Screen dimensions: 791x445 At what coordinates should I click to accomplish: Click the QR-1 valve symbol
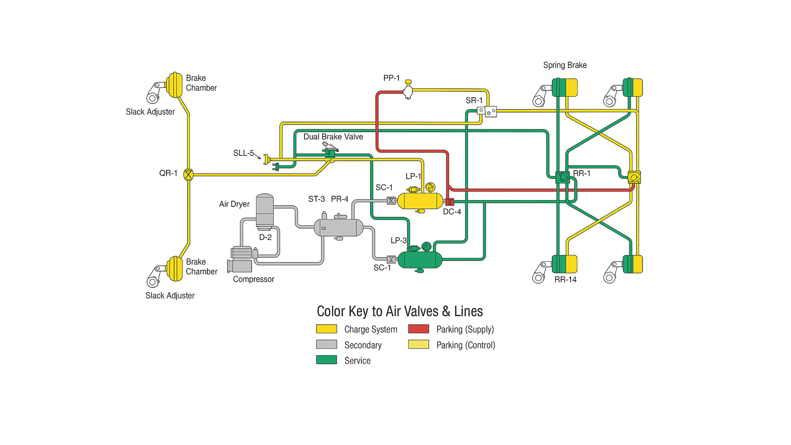[x=188, y=175]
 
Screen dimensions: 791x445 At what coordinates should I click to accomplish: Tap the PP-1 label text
[x=391, y=78]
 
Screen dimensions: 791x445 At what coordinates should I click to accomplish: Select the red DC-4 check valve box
[x=449, y=202]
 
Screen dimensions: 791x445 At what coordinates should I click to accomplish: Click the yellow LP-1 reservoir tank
[x=420, y=201]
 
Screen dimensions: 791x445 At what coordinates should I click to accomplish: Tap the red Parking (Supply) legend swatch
[x=419, y=329]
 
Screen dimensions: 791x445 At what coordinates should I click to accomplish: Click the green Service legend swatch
[x=327, y=360]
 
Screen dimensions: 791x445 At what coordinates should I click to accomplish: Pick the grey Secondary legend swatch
[x=327, y=344]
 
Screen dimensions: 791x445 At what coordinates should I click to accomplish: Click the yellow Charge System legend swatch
[x=327, y=329]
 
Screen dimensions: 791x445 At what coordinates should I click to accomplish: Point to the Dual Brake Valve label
[x=333, y=137]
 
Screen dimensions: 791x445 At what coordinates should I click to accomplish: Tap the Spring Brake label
[x=565, y=65]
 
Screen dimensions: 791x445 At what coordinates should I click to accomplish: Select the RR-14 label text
[x=565, y=280]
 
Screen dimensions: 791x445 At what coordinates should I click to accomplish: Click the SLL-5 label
[x=243, y=153]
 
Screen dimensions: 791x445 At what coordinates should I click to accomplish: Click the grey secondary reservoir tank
[x=338, y=227]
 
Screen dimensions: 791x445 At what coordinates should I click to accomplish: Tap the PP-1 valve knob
[x=408, y=82]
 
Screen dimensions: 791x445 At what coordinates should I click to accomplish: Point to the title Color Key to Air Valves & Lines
[x=400, y=311]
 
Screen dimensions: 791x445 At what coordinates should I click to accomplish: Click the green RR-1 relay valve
[x=562, y=178]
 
